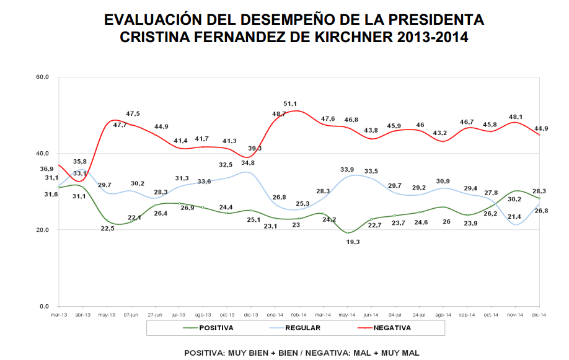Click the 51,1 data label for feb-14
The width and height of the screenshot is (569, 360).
(290, 103)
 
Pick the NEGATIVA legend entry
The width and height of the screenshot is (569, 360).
(392, 327)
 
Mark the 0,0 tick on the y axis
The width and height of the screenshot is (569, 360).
(45, 306)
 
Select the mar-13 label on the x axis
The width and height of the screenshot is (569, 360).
(59, 315)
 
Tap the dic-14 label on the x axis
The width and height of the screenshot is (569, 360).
(539, 315)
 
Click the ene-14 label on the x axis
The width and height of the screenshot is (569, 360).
(275, 315)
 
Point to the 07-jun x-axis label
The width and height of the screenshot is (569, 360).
(131, 315)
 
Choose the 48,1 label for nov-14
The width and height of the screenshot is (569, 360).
(516, 116)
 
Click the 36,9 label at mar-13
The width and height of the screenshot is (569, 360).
(47, 169)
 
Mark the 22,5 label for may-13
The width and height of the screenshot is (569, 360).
(107, 227)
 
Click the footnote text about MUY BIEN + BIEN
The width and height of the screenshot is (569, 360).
(302, 353)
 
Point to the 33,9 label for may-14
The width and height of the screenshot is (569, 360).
(348, 169)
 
